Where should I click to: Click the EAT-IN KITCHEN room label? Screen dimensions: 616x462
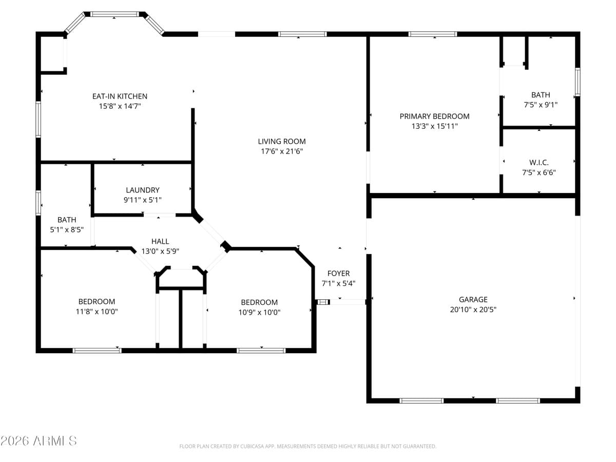pyautogui.click(x=120, y=96)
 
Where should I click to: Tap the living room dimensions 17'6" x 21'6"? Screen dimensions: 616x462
pyautogui.click(x=282, y=151)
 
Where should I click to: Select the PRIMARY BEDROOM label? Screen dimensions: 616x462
pyautogui.click(x=434, y=116)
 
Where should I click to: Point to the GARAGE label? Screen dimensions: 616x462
pyautogui.click(x=473, y=299)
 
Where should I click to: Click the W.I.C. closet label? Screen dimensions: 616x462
pyautogui.click(x=539, y=162)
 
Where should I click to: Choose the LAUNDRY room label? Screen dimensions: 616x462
pyautogui.click(x=143, y=190)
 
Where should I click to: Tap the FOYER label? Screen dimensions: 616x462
pyautogui.click(x=338, y=273)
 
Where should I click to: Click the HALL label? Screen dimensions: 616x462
pyautogui.click(x=160, y=241)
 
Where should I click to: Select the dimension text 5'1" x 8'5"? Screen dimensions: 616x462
pyautogui.click(x=67, y=230)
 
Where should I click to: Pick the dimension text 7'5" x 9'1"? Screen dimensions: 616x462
pyautogui.click(x=541, y=105)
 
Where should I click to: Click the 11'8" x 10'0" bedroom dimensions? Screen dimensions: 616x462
pyautogui.click(x=97, y=312)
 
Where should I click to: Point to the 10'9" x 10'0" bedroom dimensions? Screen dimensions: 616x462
pyautogui.click(x=259, y=312)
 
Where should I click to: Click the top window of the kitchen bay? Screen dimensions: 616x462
pyautogui.click(x=114, y=14)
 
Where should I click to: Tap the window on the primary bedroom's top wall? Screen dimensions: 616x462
pyautogui.click(x=432, y=34)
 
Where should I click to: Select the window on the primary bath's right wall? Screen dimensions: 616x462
pyautogui.click(x=577, y=82)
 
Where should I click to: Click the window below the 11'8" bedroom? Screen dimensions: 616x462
pyautogui.click(x=97, y=351)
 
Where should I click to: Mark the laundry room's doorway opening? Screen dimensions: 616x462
pyautogui.click(x=160, y=215)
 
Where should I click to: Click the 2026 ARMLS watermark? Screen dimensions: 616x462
pyautogui.click(x=38, y=440)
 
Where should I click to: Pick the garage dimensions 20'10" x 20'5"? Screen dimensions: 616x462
pyautogui.click(x=473, y=310)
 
